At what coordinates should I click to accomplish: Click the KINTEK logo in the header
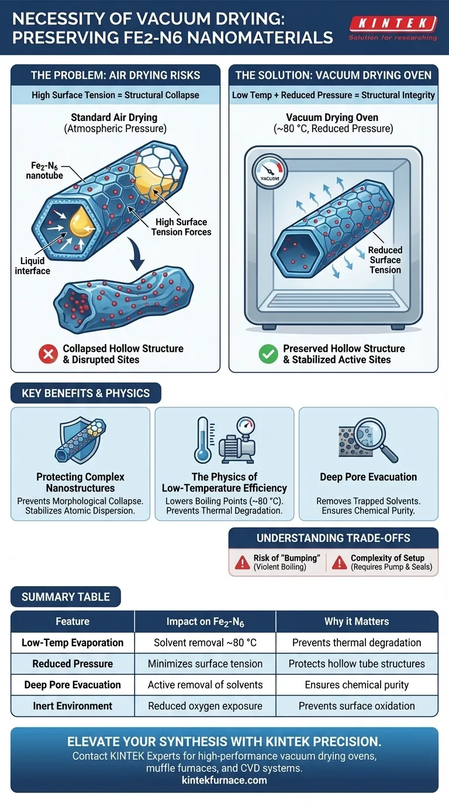393,27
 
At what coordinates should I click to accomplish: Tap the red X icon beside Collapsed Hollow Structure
48,354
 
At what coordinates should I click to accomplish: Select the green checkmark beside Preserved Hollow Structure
268,354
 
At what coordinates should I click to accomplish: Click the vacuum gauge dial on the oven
270,171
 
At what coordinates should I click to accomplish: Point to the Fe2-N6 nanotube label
44,171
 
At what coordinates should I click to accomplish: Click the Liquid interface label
32,266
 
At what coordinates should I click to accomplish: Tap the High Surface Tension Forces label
181,227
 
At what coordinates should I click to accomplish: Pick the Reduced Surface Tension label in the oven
385,260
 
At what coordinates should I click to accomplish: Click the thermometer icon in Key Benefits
203,440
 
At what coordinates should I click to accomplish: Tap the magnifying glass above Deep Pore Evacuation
375,440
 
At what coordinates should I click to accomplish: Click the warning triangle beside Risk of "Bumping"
243,563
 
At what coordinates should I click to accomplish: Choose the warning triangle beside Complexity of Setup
340,563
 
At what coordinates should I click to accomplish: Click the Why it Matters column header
357,621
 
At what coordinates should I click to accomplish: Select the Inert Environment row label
72,706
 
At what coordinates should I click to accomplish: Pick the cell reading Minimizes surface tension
205,664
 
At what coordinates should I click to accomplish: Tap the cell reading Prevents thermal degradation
357,643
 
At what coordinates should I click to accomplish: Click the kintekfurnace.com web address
224,780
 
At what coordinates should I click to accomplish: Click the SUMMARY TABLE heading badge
65,597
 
